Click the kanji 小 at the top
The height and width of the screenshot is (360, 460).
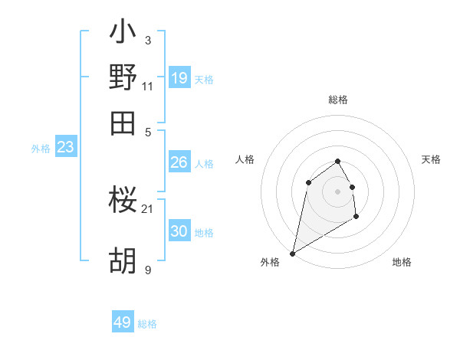[123, 34]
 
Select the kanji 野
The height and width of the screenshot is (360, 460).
[123, 77]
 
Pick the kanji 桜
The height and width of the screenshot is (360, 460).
[123, 201]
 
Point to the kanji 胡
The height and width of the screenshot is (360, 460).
[123, 263]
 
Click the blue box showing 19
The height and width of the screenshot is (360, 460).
[179, 77]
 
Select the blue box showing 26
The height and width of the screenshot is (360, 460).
[179, 162]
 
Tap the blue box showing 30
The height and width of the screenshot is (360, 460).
[179, 231]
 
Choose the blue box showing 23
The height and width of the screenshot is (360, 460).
[65, 148]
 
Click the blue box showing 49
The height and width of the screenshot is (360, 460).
[123, 322]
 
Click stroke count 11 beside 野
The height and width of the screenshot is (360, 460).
[147, 86]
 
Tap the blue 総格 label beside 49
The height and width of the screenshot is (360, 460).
[147, 324]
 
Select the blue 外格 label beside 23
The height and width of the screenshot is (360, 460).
[41, 149]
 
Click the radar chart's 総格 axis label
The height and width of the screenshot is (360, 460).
[337, 100]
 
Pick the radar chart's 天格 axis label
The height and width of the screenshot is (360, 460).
[431, 159]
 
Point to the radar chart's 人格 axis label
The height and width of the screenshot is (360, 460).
[245, 159]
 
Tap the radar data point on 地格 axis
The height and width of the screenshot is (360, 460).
[356, 218]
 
